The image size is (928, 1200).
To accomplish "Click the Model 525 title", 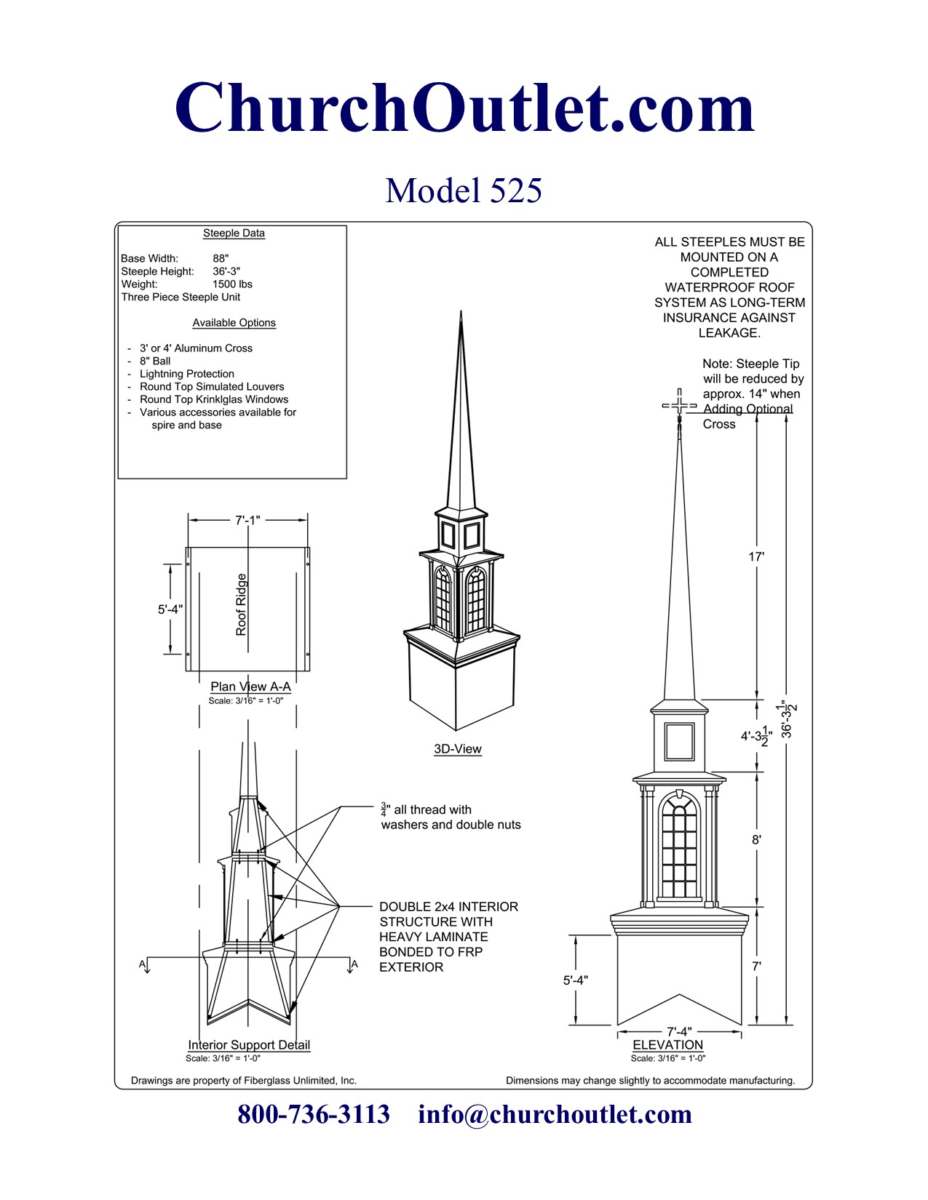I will (x=464, y=191).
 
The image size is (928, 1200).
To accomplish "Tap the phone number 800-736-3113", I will (x=314, y=1114).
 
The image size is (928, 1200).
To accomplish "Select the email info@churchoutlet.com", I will (x=555, y=1114).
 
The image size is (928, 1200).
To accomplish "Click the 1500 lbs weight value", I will (x=232, y=284).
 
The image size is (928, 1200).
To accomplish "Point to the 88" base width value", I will (x=221, y=258).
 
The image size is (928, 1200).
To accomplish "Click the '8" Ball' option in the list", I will (x=155, y=361).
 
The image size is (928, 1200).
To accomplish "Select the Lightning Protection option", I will (x=186, y=374).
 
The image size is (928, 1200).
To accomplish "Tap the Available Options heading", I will (x=234, y=323).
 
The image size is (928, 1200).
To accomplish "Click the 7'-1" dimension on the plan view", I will (x=247, y=520).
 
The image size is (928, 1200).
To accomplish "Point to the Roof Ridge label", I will (x=242, y=604).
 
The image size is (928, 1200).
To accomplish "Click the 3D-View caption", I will (x=458, y=749).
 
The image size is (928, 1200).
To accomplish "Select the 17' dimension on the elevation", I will (x=756, y=557).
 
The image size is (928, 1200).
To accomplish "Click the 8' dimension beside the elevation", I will (x=756, y=839).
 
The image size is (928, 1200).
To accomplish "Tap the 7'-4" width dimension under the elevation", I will (x=679, y=1031).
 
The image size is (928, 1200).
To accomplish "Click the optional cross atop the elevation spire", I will (x=679, y=405).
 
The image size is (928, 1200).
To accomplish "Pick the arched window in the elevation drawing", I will (x=679, y=847).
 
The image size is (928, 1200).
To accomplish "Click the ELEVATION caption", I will (x=667, y=1045).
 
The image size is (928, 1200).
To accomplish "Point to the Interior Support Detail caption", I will (x=249, y=1045).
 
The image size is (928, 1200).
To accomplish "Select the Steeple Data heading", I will (x=234, y=233).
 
